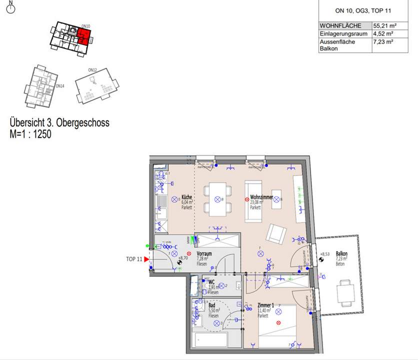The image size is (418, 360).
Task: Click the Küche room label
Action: pos(187,197)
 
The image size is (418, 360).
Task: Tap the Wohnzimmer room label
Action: pos(261,197)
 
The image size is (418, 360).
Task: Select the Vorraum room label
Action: pos(204,254)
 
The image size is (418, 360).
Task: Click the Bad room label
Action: pos(212,305)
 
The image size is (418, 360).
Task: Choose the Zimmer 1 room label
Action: pos(265,305)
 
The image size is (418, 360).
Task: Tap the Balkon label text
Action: pos(341,254)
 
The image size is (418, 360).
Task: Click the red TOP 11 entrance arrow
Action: pos(147,259)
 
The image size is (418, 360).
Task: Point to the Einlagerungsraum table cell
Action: pos(343,33)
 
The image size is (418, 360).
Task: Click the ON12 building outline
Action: pos(96,86)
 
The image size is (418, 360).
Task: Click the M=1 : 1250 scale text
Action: pos(30,134)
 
